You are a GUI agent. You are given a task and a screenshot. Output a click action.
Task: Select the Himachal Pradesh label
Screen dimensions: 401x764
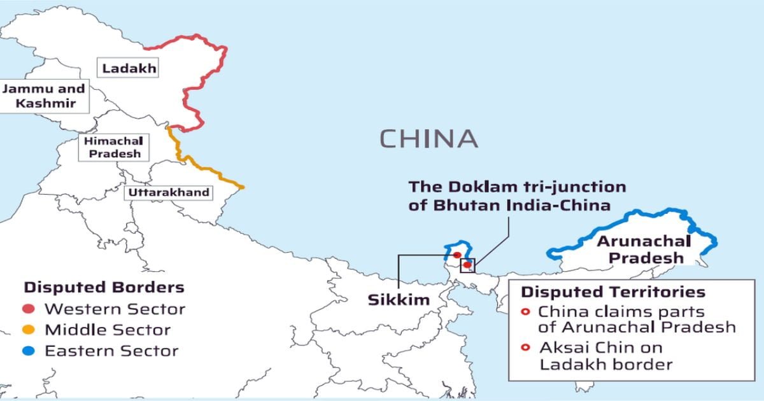(113, 146)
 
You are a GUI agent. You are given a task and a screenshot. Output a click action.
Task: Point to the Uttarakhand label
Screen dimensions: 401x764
(169, 192)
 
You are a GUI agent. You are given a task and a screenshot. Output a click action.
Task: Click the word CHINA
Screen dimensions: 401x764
(428, 138)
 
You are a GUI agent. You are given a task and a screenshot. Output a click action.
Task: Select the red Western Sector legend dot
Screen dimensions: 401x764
(29, 310)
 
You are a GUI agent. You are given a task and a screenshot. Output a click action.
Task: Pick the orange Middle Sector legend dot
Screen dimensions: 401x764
(29, 330)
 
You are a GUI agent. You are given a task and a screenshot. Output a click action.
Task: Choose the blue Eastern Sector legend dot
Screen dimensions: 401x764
(29, 351)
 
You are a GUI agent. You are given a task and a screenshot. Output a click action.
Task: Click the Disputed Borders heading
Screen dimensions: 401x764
(104, 287)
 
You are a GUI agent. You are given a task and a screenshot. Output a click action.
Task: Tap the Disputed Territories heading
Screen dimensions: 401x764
(613, 292)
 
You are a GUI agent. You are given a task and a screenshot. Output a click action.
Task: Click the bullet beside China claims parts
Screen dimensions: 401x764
(525, 313)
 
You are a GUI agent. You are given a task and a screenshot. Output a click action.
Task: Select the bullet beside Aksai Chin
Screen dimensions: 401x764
(525, 348)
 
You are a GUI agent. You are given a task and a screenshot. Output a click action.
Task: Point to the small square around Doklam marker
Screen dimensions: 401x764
(468, 265)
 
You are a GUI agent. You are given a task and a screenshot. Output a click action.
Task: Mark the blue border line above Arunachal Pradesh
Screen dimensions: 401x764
(637, 220)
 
